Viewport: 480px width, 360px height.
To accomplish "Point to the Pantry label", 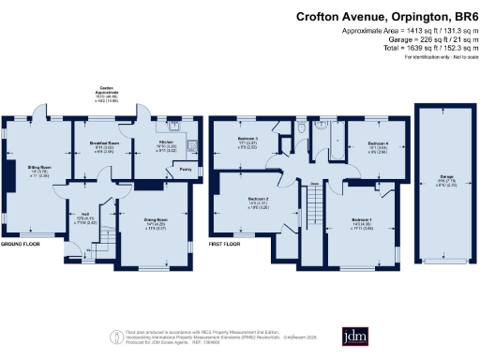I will pos(185,170).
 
